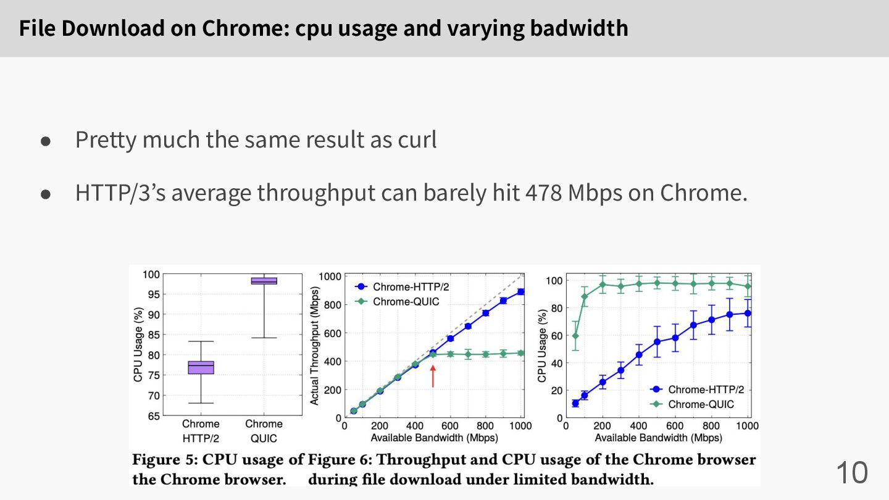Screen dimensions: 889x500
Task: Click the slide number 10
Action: coord(852,473)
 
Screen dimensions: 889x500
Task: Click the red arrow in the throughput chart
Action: coord(433,376)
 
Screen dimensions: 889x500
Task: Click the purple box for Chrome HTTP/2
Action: coord(201,367)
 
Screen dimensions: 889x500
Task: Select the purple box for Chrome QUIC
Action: coord(264,281)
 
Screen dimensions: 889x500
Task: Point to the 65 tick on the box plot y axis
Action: coord(153,416)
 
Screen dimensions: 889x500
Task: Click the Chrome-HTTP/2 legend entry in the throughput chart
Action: coord(402,287)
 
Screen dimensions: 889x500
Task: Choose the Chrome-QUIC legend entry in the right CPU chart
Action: coord(692,404)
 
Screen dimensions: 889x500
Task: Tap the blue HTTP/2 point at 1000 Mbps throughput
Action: coord(520,291)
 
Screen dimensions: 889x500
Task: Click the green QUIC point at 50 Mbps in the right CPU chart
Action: coord(575,336)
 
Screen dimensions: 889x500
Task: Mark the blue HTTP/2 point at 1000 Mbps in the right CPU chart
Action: coord(748,313)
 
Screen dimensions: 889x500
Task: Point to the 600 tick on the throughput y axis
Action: coord(333,333)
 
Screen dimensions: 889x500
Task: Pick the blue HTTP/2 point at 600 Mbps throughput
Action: coord(451,338)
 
